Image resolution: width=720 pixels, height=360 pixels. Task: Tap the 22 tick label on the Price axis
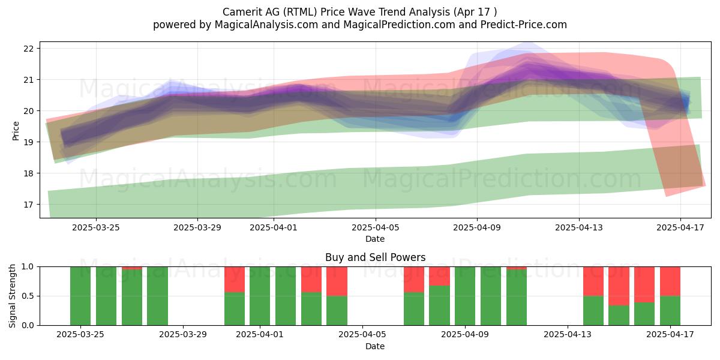(x=29, y=49)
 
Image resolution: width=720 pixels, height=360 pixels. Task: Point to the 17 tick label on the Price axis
(x=29, y=205)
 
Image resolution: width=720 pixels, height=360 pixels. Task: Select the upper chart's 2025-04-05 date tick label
(x=375, y=227)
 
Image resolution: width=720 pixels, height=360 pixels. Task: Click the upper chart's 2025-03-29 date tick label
(x=197, y=227)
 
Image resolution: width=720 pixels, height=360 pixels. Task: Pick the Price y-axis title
(x=16, y=131)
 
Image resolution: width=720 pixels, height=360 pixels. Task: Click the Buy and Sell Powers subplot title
(x=375, y=257)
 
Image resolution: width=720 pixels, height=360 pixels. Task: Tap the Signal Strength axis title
(x=12, y=296)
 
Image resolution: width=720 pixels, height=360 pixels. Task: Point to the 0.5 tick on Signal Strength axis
(x=28, y=296)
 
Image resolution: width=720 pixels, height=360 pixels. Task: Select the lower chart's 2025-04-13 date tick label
(x=568, y=335)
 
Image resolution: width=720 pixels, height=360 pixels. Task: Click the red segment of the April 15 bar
(x=619, y=286)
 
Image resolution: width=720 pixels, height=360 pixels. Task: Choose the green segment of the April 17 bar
(x=670, y=311)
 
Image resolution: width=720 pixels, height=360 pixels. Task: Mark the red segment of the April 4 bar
(x=337, y=281)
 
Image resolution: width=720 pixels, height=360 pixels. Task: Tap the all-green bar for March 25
(x=80, y=296)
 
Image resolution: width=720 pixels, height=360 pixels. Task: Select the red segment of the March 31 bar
(x=235, y=280)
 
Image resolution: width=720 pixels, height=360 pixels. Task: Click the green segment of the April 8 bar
(x=439, y=305)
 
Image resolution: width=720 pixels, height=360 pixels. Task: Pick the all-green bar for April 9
(x=465, y=296)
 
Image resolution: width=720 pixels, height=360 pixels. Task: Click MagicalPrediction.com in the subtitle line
(x=399, y=25)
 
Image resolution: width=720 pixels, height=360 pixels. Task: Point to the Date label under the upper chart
(x=375, y=239)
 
